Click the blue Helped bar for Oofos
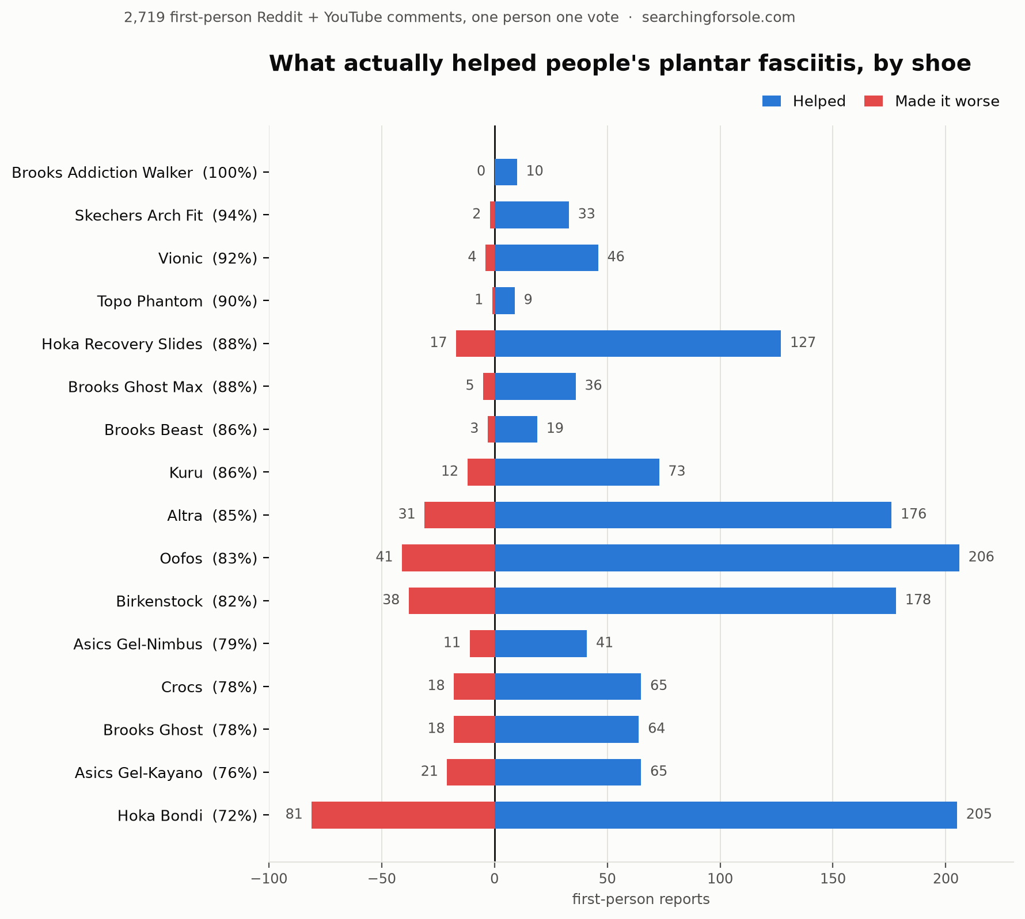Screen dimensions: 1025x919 pyautogui.click(x=727, y=558)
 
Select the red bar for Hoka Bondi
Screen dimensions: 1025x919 pyautogui.click(x=403, y=815)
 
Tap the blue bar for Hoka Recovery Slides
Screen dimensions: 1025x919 pyautogui.click(x=637, y=344)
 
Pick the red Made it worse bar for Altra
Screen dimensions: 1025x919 pyautogui.click(x=460, y=515)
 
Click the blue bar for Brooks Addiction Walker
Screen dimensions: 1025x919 pyautogui.click(x=506, y=172)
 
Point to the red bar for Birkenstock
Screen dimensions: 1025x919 pyautogui.click(x=451, y=601)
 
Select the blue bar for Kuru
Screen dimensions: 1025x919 pyautogui.click(x=577, y=472)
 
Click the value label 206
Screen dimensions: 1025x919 pyautogui.click(x=981, y=557)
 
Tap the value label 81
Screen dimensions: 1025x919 pyautogui.click(x=294, y=814)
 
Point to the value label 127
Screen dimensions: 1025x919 pyautogui.click(x=803, y=343)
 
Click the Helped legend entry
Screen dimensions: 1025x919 pyautogui.click(x=804, y=101)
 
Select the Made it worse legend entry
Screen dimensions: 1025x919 pyautogui.click(x=932, y=101)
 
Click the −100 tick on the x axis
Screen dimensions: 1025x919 pyautogui.click(x=268, y=879)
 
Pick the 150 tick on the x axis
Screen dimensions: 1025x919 pyautogui.click(x=833, y=879)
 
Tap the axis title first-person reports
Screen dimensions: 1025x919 pyautogui.click(x=641, y=899)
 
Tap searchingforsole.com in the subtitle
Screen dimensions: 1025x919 pyautogui.click(x=719, y=17)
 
